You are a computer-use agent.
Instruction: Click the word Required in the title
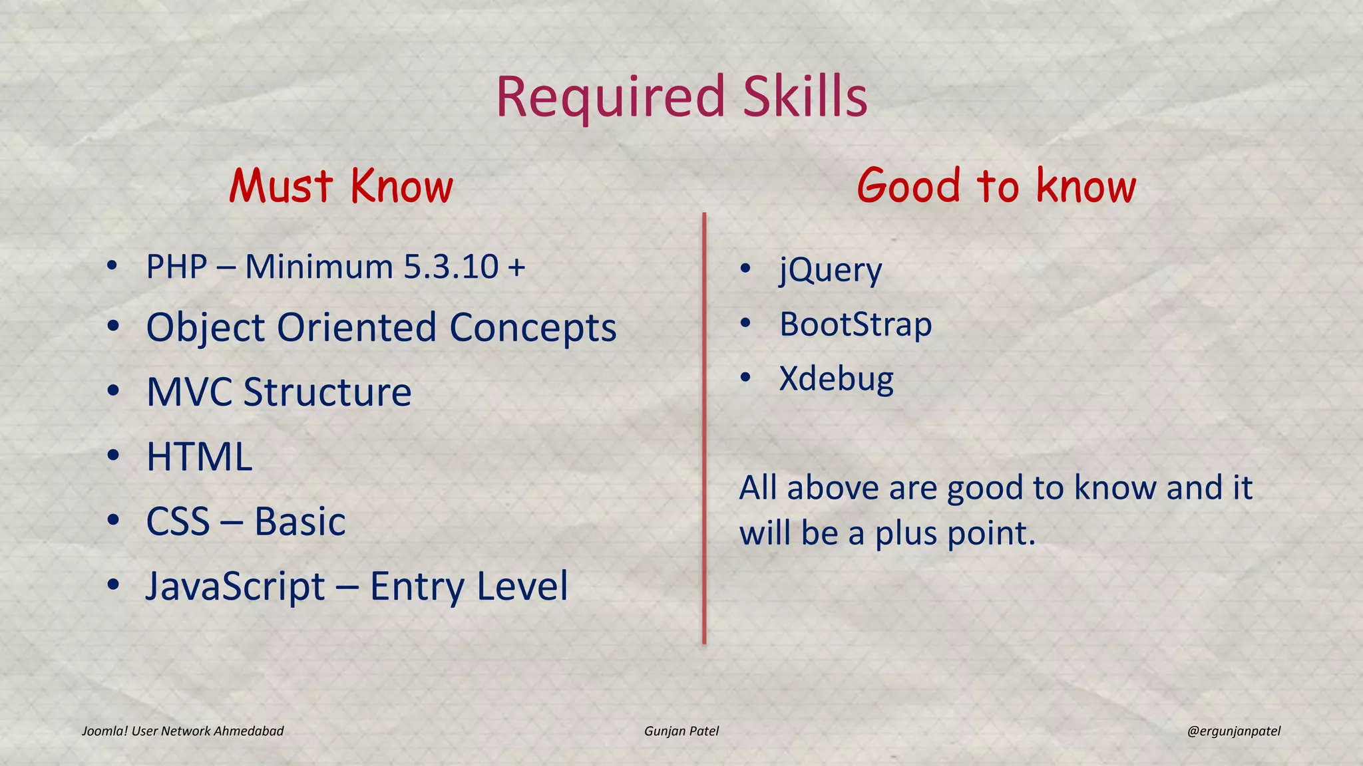[x=610, y=98]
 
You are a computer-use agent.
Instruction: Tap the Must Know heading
[x=341, y=186]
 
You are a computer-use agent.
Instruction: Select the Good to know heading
[x=996, y=186]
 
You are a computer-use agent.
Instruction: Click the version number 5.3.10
[x=451, y=267]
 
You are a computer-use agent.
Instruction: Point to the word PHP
[x=176, y=267]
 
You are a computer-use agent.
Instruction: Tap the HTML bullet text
[x=199, y=457]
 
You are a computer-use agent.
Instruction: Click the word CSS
[x=178, y=522]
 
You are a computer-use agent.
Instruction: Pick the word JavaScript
[x=236, y=587]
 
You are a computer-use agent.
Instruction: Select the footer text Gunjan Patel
[x=681, y=731]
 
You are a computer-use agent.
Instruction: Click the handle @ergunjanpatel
[x=1233, y=731]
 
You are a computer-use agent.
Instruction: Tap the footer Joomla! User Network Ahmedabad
[x=182, y=731]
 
